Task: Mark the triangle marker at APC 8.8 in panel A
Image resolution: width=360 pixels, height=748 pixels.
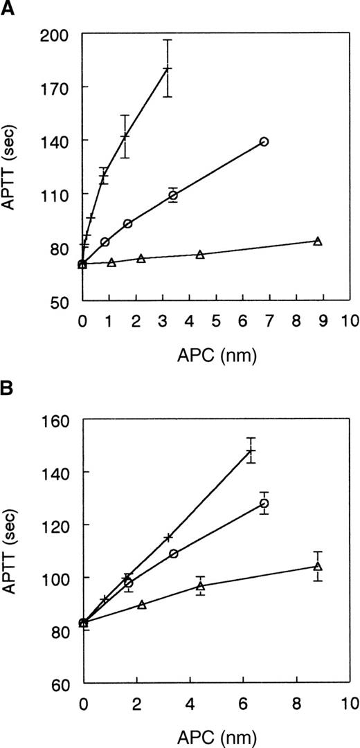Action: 317,241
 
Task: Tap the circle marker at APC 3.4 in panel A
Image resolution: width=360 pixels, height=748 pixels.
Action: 173,196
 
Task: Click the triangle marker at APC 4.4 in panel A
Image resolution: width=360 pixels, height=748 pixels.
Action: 200,255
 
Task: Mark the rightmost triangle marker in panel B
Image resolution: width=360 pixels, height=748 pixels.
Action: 318,567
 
